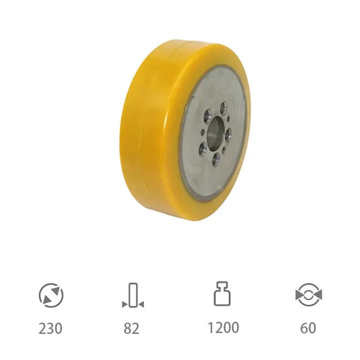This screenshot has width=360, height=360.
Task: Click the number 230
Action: pos(50,328)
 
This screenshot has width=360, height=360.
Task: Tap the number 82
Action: pos(131,328)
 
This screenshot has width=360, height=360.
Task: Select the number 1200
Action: pos(223,328)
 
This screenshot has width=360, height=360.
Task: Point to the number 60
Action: pos(308,328)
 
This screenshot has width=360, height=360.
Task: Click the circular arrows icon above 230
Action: pos(51,295)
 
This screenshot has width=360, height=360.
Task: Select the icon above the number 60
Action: pos(308,295)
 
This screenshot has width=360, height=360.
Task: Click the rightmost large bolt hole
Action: pos(228,133)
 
